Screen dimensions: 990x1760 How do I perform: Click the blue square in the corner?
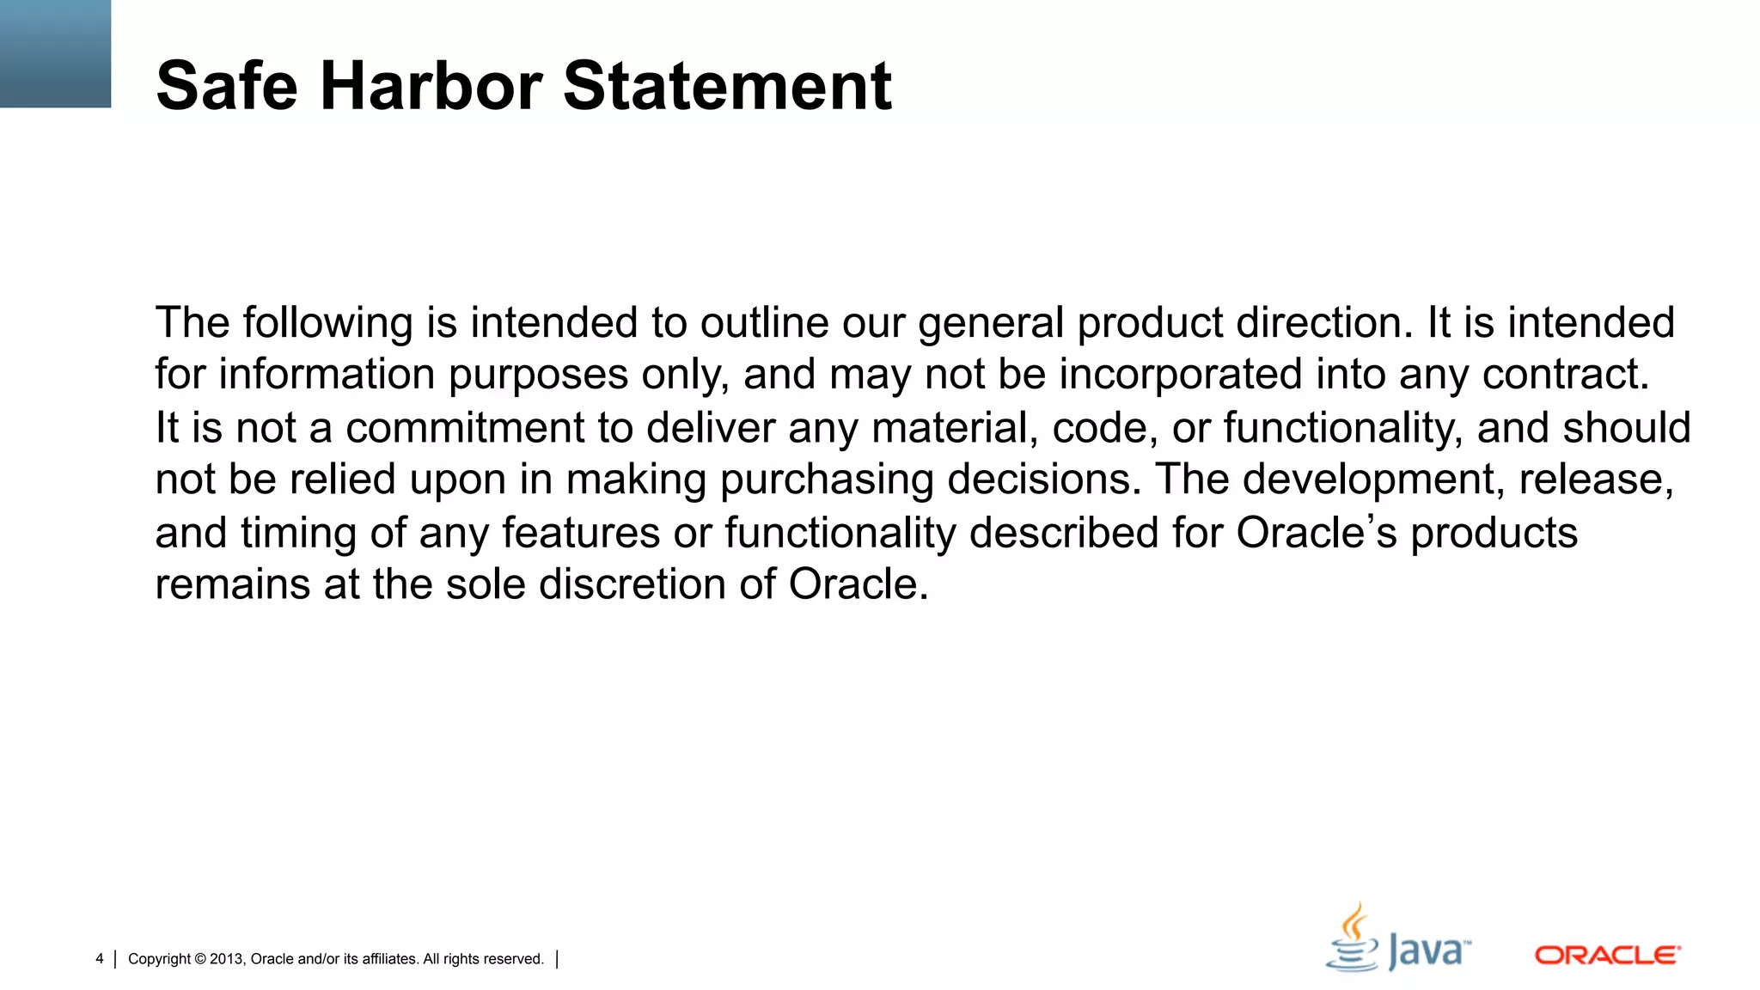click(55, 53)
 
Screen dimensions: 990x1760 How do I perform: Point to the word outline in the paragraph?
click(763, 323)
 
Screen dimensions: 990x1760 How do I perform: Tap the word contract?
click(1565, 376)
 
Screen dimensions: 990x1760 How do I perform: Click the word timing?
click(297, 534)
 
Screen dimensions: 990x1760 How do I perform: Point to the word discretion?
click(632, 585)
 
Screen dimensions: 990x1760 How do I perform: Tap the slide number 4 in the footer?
click(100, 959)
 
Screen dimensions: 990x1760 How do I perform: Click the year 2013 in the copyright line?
click(227, 959)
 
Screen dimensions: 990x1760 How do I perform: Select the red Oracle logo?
click(1607, 956)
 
